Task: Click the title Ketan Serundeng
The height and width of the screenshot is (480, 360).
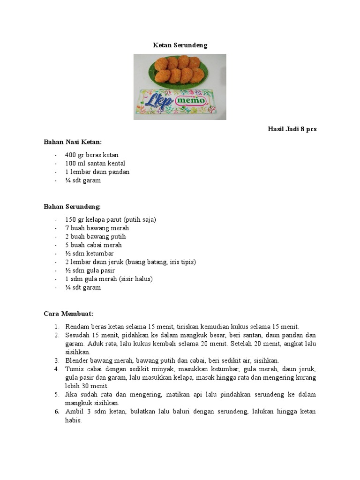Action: (180, 45)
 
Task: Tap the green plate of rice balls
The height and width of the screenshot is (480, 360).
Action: (180, 70)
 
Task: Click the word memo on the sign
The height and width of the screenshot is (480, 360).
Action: (190, 100)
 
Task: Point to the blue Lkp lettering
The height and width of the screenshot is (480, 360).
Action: (157, 102)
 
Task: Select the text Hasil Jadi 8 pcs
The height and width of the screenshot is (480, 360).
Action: (292, 129)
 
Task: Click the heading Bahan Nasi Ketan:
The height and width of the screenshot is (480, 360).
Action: (73, 142)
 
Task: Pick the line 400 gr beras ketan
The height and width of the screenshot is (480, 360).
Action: (92, 155)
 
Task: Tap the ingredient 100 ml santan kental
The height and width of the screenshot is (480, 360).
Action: (95, 163)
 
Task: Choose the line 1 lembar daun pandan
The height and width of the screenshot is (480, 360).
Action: (97, 172)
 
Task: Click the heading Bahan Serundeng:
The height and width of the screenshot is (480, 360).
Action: (72, 206)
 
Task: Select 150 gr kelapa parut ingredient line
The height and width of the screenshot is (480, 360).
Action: (111, 219)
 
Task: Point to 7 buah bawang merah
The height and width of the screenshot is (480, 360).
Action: (97, 228)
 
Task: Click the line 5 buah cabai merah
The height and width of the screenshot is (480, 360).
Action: (93, 245)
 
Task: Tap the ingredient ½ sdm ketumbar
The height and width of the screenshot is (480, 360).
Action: (90, 253)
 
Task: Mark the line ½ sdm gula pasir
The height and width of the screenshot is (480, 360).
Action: (90, 270)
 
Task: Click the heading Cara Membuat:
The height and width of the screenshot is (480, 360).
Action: (68, 313)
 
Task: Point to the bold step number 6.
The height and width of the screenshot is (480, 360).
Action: (57, 412)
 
